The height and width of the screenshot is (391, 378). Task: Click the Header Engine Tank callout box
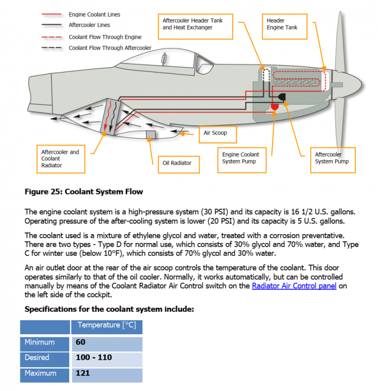click(x=282, y=24)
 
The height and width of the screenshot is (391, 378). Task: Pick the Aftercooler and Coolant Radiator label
click(x=60, y=158)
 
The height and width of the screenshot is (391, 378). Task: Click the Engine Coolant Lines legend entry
click(x=94, y=15)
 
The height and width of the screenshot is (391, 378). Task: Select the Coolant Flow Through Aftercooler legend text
click(x=110, y=48)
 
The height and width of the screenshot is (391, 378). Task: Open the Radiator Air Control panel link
click(x=294, y=286)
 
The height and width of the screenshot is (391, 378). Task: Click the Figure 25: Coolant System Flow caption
click(x=84, y=192)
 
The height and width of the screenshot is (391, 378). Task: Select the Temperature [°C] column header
click(x=106, y=325)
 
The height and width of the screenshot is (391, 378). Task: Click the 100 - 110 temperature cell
click(x=94, y=358)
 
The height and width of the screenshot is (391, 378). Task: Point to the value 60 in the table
click(x=80, y=343)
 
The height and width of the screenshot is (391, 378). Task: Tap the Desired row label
click(x=37, y=358)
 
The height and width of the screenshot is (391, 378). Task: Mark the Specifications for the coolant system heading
click(x=109, y=309)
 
